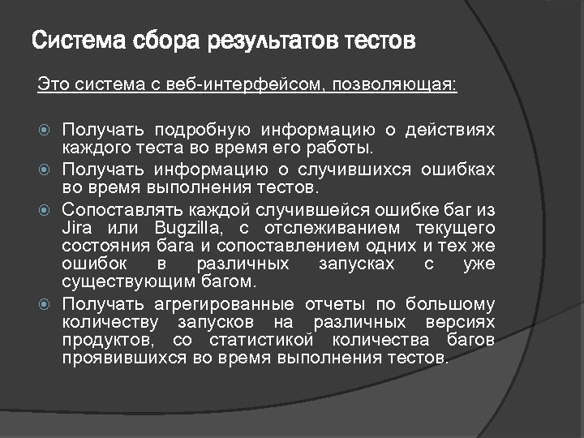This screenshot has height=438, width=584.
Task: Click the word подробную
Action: (x=200, y=130)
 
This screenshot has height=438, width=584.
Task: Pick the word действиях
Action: (x=450, y=130)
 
